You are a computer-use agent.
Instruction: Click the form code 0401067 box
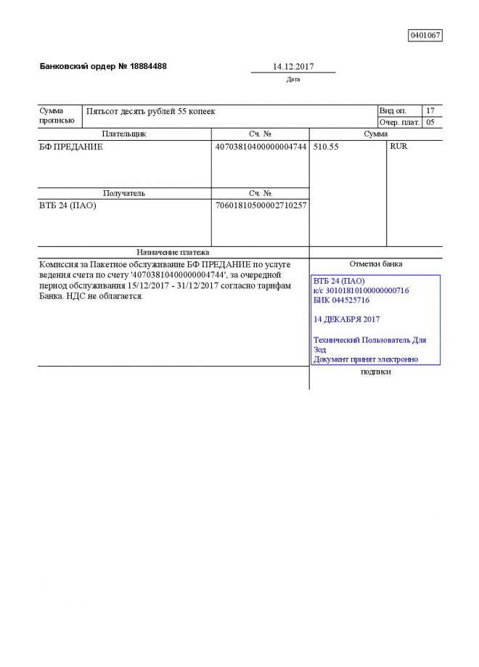[x=425, y=35]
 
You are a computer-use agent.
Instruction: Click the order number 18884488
[x=149, y=66]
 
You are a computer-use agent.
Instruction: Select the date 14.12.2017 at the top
[x=293, y=66]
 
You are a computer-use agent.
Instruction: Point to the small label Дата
[x=293, y=79]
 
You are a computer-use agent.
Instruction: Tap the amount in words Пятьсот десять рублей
[x=151, y=111]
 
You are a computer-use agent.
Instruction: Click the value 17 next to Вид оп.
[x=430, y=110]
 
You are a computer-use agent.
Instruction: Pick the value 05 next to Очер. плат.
[x=430, y=122]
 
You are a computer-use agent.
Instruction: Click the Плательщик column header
[x=124, y=134]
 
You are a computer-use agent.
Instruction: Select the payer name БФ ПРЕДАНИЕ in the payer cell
[x=71, y=147]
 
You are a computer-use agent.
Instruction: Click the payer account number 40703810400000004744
[x=261, y=147]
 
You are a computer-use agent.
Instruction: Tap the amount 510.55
[x=326, y=147]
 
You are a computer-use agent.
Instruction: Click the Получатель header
[x=124, y=194]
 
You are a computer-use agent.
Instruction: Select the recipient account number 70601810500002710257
[x=261, y=205]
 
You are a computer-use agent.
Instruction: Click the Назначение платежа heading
[x=173, y=252]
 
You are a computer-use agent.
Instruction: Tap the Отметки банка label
[x=375, y=264]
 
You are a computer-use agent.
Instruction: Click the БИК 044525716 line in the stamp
[x=341, y=300]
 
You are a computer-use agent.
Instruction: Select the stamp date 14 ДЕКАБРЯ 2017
[x=346, y=319]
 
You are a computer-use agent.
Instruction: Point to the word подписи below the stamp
[x=375, y=372]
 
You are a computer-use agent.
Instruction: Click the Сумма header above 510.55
[x=375, y=134]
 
